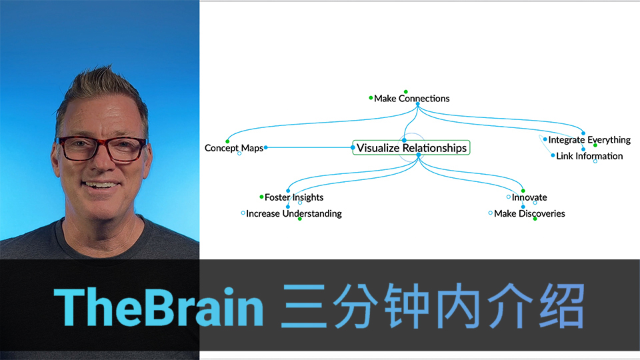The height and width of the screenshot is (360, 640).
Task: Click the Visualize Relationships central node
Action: [411, 147]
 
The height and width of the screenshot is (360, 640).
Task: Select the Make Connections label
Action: [411, 99]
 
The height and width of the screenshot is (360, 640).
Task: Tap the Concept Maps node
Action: [233, 148]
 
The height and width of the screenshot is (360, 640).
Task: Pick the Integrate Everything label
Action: [589, 139]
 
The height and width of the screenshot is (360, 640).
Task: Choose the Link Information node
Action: [589, 156]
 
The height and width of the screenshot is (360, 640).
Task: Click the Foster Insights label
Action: [294, 197]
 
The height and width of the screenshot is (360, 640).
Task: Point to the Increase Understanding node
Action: [294, 213]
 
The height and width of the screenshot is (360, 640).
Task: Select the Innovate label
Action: [529, 197]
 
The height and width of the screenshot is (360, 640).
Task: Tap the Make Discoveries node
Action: [529, 213]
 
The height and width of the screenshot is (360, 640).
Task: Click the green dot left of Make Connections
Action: [371, 98]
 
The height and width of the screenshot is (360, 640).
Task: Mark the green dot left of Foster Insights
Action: [261, 197]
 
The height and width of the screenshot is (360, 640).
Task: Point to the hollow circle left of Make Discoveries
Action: [490, 213]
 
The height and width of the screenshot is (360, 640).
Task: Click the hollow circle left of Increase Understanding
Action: [243, 213]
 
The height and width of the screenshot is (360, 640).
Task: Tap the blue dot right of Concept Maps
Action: [266, 147]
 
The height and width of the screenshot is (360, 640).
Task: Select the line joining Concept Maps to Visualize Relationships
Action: [309, 147]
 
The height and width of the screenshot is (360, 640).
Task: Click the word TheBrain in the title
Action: [159, 307]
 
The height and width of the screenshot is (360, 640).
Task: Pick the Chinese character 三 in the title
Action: [304, 306]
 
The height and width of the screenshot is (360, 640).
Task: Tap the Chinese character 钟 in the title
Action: [407, 306]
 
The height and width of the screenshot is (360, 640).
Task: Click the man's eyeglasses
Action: [101, 149]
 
